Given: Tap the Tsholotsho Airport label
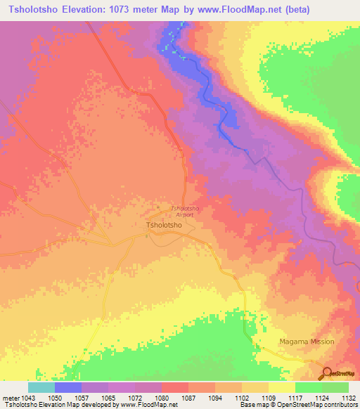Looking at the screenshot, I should click(186, 211).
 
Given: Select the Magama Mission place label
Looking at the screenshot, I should click(307, 342).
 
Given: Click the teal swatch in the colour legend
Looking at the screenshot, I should click(41, 387).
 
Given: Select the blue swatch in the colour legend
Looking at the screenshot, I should click(68, 387).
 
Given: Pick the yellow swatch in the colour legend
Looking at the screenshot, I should click(282, 387).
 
